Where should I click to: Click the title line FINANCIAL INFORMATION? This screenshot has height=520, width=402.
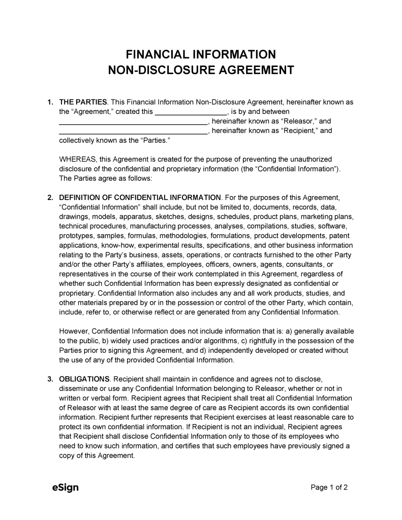201,54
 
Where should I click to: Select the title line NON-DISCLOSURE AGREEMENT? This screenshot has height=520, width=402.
201,70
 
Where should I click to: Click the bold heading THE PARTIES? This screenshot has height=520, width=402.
83,102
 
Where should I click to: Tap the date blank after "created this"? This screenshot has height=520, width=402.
190,112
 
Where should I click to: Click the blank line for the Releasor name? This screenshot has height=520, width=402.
133,121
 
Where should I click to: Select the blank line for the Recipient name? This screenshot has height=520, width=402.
133,131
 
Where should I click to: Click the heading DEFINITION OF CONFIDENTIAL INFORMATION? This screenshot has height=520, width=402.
140,198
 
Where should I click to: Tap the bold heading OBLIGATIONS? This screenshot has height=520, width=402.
84,379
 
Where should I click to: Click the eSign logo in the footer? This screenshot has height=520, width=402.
66,488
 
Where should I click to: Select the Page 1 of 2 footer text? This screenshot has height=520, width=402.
329,488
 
